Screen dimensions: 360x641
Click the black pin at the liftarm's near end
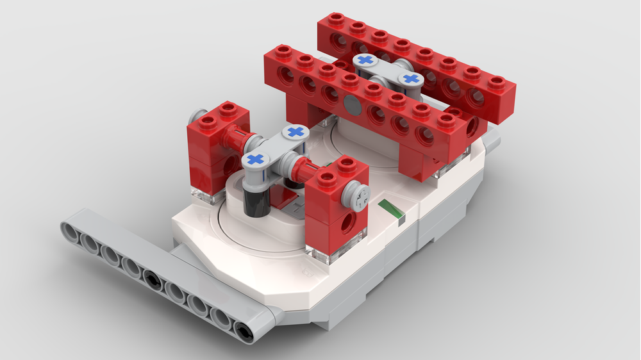tap(244, 330)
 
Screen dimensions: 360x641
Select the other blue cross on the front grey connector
tap(295, 131)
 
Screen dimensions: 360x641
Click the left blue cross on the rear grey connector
tap(366, 60)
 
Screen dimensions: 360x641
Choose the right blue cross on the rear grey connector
tap(412, 79)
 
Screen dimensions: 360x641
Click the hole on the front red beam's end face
tap(473, 126)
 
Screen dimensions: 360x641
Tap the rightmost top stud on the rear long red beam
tap(495, 83)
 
